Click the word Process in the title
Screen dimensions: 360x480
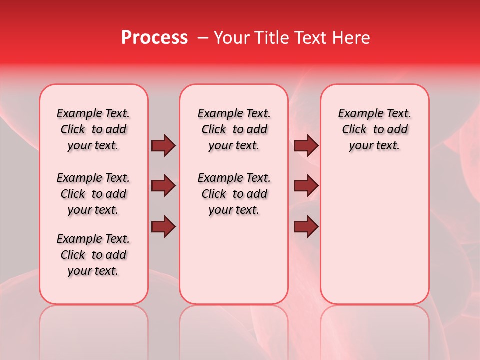click(154, 38)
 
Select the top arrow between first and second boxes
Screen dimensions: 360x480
click(163, 146)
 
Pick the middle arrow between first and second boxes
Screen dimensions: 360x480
click(163, 186)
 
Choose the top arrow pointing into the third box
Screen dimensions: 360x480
click(306, 146)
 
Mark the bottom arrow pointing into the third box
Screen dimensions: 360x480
click(306, 226)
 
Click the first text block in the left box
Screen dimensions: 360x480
click(93, 129)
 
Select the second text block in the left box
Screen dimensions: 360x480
click(93, 194)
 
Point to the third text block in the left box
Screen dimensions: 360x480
click(93, 255)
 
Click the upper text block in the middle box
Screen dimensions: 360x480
click(234, 129)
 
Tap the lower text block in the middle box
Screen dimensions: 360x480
click(234, 194)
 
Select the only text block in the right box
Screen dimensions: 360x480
click(374, 129)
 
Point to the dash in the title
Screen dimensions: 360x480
click(203, 38)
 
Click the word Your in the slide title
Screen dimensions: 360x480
click(229, 38)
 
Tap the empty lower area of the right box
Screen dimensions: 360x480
click(374, 240)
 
